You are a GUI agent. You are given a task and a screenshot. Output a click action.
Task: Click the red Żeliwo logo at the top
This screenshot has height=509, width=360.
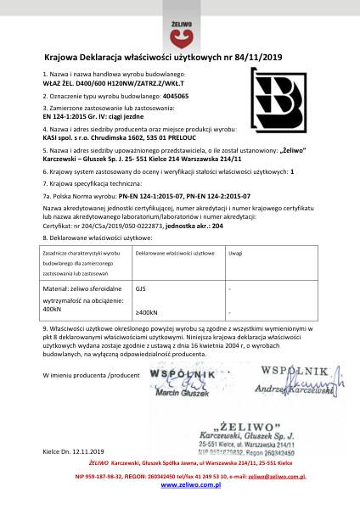(x=180, y=26)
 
